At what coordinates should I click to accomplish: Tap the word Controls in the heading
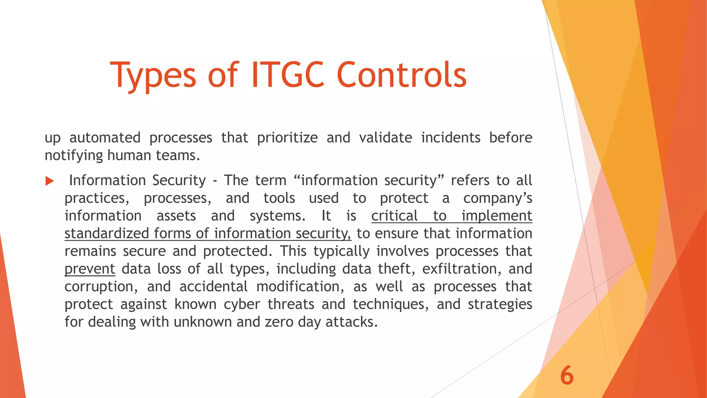coord(401,75)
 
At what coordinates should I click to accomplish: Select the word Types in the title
coord(153,75)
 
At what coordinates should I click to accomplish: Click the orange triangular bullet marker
coord(50,181)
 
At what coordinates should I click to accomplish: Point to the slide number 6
coord(567,376)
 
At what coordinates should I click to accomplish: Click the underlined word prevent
coord(90,269)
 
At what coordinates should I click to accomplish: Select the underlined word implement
coord(497,216)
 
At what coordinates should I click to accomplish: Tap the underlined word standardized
coord(107,234)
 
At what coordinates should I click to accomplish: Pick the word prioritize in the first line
coord(287,138)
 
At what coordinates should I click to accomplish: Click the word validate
coord(386,138)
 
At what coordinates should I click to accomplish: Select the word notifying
coord(74,155)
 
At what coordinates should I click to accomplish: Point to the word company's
coord(497,198)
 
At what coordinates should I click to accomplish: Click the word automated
coord(105,138)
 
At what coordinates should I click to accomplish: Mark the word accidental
coord(213,287)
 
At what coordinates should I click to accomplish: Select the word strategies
coord(500,304)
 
